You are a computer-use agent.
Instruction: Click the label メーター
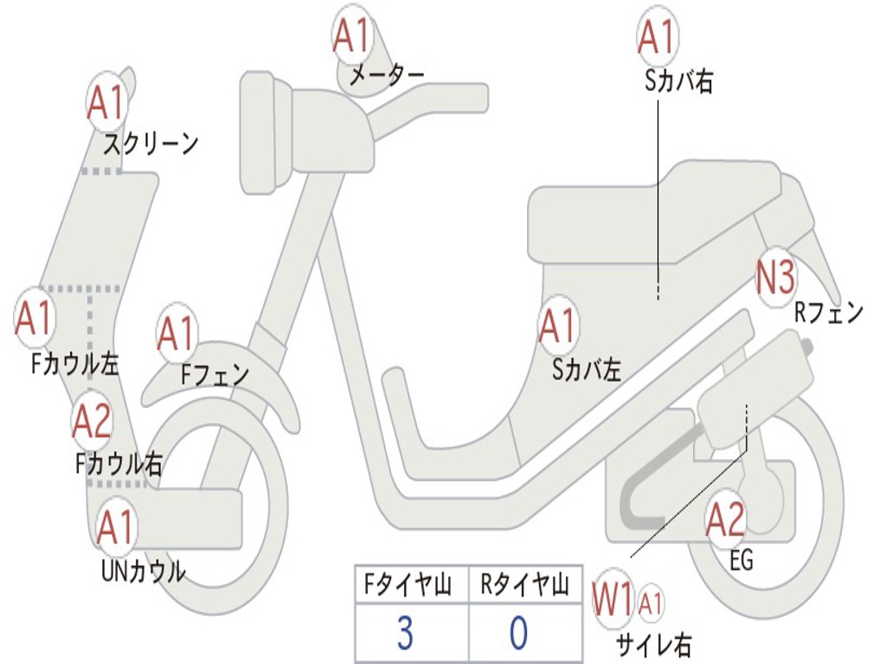click(387, 76)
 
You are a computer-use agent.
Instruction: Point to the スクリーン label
click(151, 144)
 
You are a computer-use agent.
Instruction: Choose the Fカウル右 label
click(119, 464)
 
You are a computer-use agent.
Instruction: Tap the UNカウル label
click(144, 571)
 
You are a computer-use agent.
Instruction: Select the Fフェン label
click(215, 375)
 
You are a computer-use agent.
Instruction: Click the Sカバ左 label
click(587, 370)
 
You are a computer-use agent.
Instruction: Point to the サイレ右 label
click(654, 644)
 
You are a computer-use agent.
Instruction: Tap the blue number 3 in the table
click(405, 633)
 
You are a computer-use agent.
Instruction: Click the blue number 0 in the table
click(517, 633)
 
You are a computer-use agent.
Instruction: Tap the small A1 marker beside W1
click(652, 602)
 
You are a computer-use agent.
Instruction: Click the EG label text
click(742, 560)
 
